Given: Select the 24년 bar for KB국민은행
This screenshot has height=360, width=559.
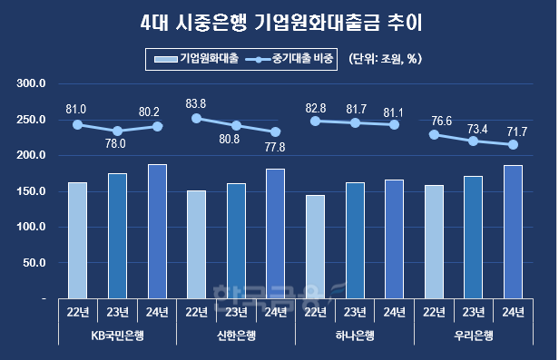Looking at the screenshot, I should (157, 231).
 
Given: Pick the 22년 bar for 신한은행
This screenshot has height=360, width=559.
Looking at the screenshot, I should (197, 244).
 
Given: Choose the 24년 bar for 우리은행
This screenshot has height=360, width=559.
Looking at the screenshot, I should (512, 232).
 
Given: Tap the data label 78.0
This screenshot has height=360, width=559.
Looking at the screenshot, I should (116, 143).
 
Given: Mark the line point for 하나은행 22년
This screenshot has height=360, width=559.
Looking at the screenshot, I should (315, 121).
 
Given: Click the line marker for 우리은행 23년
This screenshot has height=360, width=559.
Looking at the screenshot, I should (473, 141).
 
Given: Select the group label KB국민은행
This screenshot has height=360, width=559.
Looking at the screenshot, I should (117, 335).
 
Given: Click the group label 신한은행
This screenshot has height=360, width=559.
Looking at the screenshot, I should (236, 335).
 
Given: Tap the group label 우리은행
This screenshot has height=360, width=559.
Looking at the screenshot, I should (473, 335).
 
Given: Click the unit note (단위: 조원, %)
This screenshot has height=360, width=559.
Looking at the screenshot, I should (387, 60).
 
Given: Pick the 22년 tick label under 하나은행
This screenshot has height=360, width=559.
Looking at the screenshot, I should (315, 313).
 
